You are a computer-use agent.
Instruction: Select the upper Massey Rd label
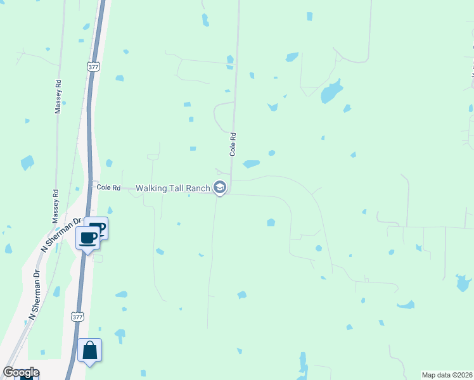[x=58, y=96]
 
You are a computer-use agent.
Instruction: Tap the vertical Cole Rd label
[x=233, y=144]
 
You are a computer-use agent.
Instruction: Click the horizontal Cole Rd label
[x=108, y=187]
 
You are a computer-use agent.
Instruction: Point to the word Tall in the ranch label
[x=176, y=187]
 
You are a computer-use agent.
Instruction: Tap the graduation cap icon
[x=220, y=187]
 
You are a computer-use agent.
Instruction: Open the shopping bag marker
[x=89, y=350]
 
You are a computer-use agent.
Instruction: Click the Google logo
[x=21, y=372]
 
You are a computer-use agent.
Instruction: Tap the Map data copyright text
[x=447, y=374]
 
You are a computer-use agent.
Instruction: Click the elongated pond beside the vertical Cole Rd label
[x=251, y=164]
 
